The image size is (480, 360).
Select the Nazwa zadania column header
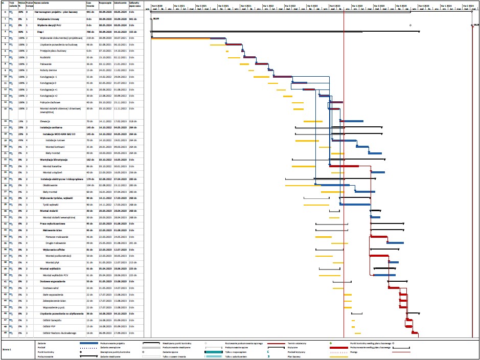point(42,3)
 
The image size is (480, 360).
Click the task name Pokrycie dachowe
point(51,102)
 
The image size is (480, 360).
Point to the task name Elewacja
point(45,121)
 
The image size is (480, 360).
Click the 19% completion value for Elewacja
point(21,121)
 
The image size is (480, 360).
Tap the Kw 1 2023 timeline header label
point(356,5)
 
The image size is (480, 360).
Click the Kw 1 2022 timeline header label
point(268,5)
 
